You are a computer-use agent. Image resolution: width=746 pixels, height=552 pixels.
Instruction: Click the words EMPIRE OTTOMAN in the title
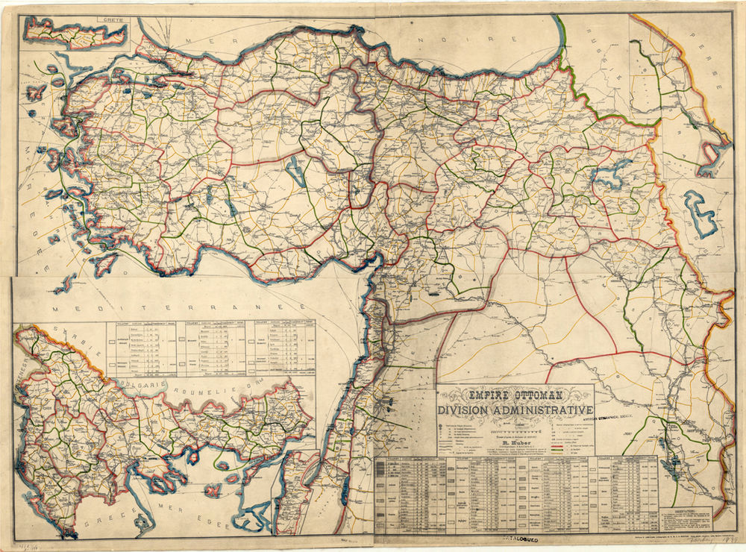[514, 394]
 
